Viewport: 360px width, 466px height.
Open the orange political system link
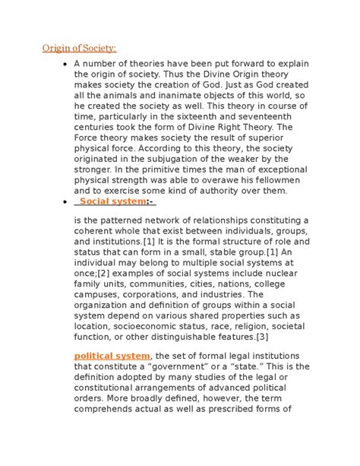(112, 356)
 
